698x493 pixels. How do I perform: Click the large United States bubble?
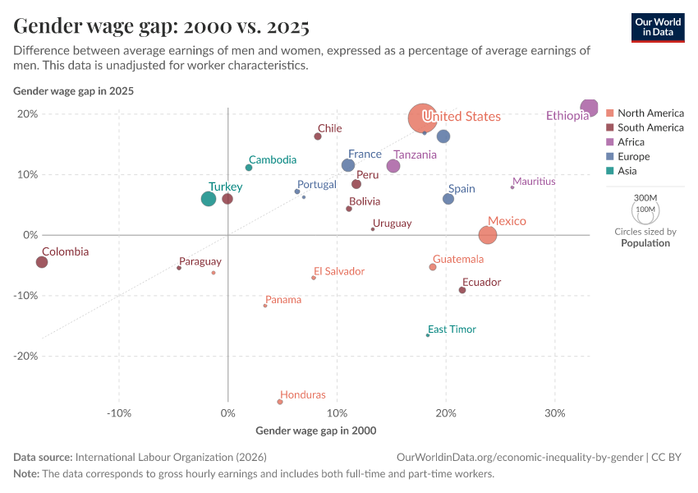click(x=422, y=118)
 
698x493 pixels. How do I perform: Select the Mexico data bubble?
click(x=488, y=235)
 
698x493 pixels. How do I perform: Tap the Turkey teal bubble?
click(x=209, y=199)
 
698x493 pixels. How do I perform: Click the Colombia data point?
click(x=42, y=262)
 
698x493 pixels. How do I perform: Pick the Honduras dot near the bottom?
click(x=280, y=402)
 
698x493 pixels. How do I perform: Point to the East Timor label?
click(x=452, y=329)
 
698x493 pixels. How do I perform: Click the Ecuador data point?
click(x=462, y=290)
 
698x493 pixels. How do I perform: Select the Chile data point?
click(x=318, y=136)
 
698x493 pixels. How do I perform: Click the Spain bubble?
click(x=448, y=199)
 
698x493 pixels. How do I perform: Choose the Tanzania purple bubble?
click(x=393, y=166)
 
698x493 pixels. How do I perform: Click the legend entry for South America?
click(x=650, y=127)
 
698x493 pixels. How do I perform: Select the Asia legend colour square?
click(x=609, y=171)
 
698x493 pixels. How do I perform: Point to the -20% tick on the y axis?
click(x=27, y=356)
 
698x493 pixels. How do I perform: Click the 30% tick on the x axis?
click(x=555, y=412)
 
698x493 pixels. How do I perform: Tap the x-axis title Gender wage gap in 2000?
click(x=315, y=430)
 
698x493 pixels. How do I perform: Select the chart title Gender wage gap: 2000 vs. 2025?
click(x=162, y=26)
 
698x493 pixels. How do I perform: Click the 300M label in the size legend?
click(x=646, y=198)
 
